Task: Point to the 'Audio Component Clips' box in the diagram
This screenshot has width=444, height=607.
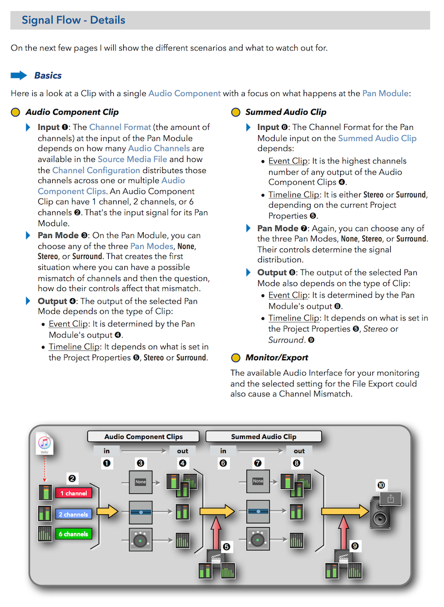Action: (143, 437)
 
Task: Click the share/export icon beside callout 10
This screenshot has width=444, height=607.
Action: (391, 498)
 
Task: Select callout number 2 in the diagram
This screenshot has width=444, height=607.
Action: (71, 478)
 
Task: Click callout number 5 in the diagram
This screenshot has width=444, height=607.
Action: (226, 547)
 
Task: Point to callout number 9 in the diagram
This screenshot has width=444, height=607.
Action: (355, 547)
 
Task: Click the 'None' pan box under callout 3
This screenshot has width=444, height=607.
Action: (140, 481)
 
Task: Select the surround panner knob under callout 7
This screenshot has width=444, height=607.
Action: (258, 538)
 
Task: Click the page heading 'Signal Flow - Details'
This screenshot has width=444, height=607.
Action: (73, 21)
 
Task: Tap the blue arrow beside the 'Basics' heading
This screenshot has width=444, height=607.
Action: (19, 75)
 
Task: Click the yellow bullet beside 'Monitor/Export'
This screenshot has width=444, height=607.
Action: (235, 358)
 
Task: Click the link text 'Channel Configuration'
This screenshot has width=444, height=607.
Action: (96, 170)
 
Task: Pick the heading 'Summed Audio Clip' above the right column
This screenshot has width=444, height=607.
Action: (286, 112)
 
